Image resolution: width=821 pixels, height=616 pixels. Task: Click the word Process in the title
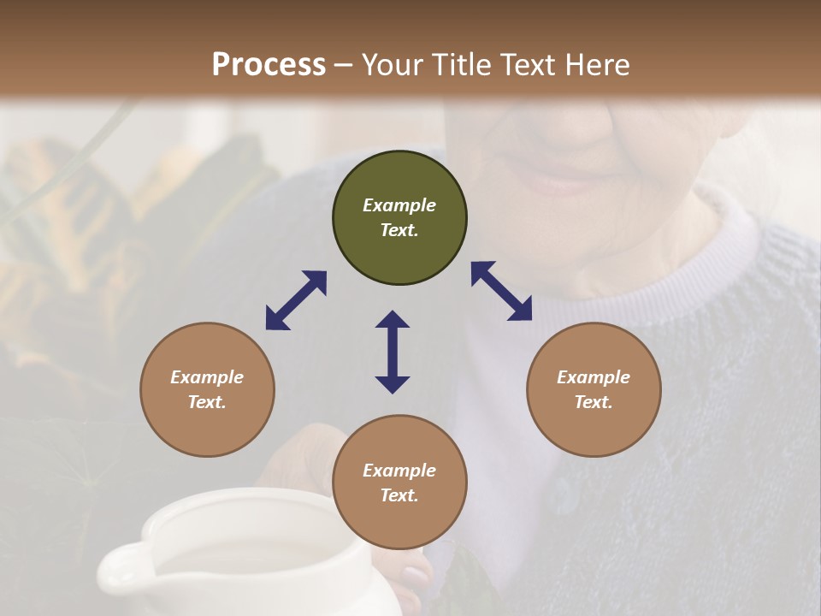tap(269, 65)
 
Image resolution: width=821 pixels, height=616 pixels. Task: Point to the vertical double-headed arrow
tap(393, 352)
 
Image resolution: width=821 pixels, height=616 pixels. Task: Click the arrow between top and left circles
tap(296, 300)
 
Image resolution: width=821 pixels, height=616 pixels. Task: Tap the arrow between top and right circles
tap(502, 291)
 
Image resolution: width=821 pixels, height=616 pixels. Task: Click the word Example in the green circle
tap(399, 205)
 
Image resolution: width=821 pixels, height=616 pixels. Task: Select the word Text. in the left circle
tap(207, 402)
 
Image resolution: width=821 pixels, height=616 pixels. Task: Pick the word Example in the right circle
tap(594, 377)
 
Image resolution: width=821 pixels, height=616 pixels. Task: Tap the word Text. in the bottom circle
tap(399, 495)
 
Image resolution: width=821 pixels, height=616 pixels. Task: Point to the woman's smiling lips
tap(556, 182)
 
